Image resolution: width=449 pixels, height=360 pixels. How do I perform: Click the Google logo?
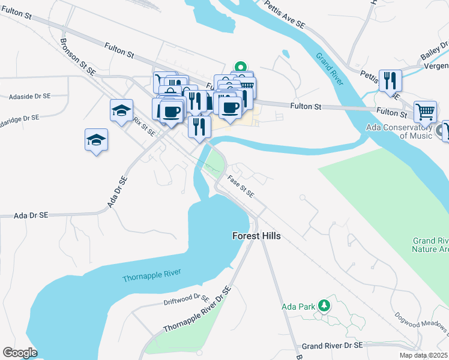pos(20,353)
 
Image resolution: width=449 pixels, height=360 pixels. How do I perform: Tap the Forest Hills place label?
pos(257,236)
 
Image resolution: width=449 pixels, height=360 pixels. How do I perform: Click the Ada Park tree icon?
pos(324,306)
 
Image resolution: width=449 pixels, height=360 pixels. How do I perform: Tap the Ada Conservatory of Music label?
pos(399,131)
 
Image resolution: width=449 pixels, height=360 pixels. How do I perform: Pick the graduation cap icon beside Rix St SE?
pos(121,110)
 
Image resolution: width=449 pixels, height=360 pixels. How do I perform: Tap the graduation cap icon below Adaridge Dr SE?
pos(96,140)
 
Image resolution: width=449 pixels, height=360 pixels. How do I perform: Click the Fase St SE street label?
pos(241,186)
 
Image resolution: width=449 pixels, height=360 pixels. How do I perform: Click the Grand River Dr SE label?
pos(332,346)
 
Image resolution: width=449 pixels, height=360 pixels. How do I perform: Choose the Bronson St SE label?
pos(77,57)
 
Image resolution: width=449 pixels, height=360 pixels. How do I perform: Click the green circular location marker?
pos(241,67)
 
